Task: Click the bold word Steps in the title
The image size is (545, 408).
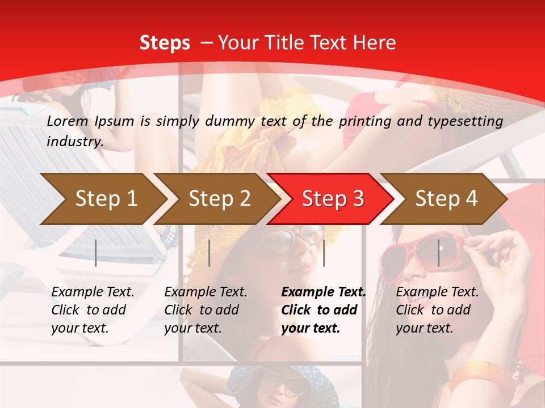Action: pos(165,43)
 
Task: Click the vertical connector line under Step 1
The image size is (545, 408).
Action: pos(96,253)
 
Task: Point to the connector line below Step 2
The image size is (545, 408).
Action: pos(209,253)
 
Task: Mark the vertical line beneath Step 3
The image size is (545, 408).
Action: pos(324,253)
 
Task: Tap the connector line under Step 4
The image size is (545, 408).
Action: pos(438,253)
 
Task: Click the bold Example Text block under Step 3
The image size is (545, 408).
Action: pos(324,310)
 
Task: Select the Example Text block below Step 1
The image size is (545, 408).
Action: pos(93,310)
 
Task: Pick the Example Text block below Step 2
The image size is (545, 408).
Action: pos(206,310)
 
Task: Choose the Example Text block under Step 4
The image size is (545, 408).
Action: pos(437,310)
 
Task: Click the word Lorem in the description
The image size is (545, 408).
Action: pos(68,121)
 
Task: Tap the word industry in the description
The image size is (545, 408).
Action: pos(75,142)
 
